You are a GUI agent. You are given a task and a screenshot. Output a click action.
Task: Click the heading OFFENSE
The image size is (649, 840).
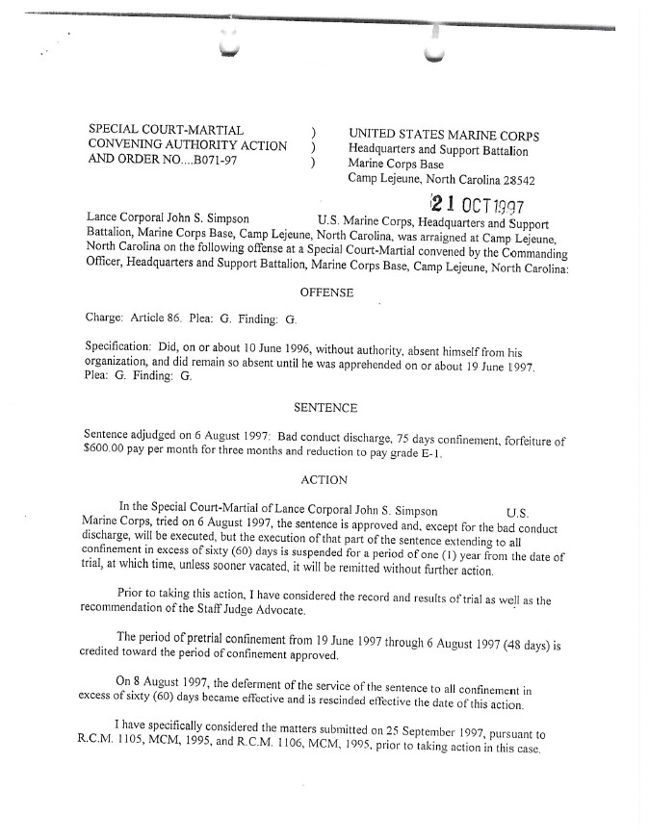point(326,292)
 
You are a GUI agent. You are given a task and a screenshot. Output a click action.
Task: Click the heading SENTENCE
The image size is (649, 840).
point(325,408)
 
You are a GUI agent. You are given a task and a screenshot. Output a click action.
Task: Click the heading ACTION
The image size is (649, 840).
point(324,479)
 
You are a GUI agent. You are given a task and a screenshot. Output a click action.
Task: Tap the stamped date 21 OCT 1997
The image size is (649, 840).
point(478,205)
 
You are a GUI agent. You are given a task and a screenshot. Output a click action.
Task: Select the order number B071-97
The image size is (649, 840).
point(209,161)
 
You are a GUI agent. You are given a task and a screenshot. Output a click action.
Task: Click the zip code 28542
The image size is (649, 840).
point(513,180)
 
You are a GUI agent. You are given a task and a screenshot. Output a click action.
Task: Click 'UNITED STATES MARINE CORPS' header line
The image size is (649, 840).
point(444,136)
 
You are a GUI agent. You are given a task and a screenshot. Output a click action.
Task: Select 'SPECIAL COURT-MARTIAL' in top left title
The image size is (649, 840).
point(166,130)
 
